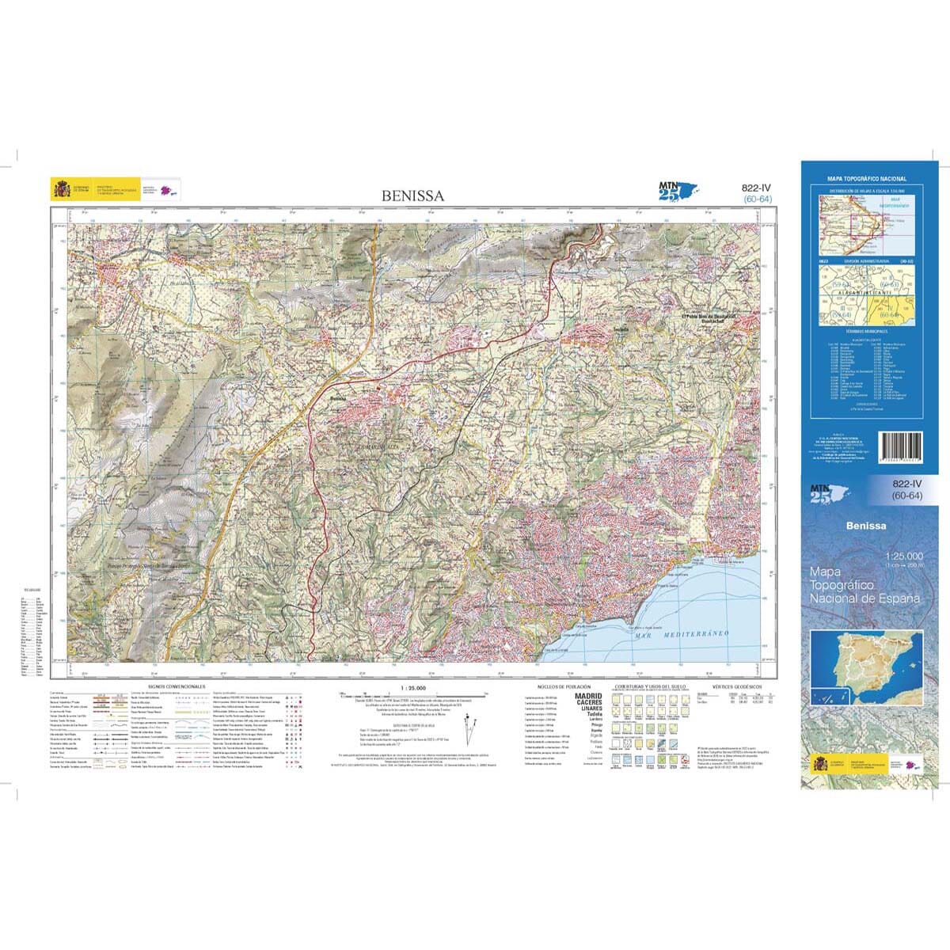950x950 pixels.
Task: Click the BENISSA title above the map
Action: tap(412, 195)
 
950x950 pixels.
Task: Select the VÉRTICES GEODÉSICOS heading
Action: tap(736, 686)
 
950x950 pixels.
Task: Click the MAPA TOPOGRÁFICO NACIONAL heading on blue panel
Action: tap(867, 180)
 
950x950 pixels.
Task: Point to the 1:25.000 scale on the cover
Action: tap(904, 557)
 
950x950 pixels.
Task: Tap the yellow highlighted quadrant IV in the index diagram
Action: tap(893, 311)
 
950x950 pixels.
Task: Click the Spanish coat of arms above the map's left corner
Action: tap(60, 190)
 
